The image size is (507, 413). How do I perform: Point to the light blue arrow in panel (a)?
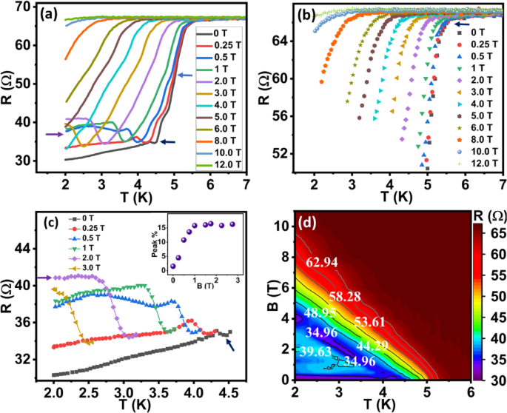click(x=186, y=75)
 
